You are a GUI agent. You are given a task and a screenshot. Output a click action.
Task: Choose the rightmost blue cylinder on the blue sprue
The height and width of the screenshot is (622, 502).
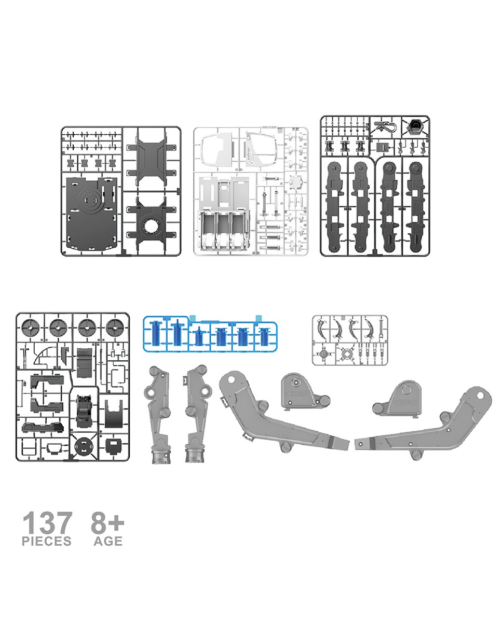(x=264, y=337)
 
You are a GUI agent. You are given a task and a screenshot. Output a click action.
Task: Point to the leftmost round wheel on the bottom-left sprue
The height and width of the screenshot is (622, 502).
(x=31, y=328)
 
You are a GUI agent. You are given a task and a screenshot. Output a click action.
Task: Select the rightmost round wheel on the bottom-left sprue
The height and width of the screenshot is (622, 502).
(x=115, y=328)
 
